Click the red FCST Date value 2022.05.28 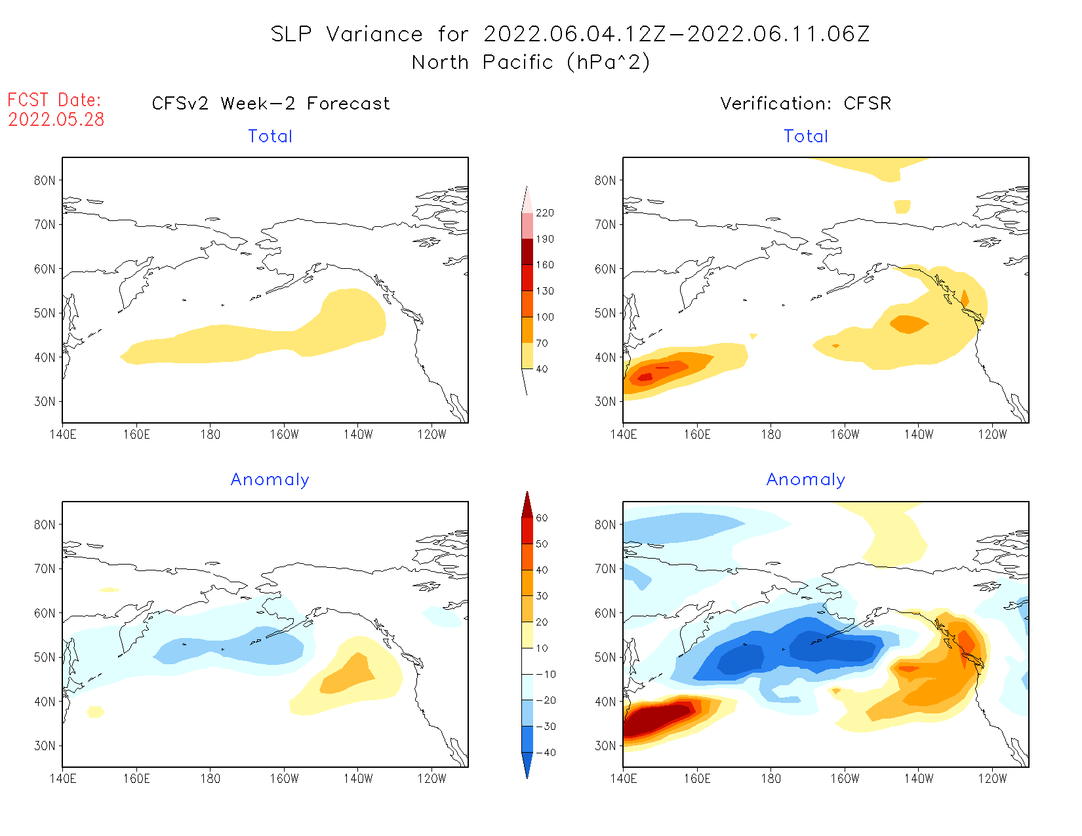click(x=56, y=119)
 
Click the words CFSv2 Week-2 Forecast click(x=270, y=104)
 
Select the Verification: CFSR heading click(x=805, y=104)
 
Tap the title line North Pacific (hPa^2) click(x=531, y=62)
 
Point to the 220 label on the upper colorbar click(x=544, y=213)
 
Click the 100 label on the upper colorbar click(x=544, y=317)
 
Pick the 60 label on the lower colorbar click(x=542, y=518)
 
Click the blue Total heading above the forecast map click(x=270, y=136)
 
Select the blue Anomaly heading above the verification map click(x=805, y=480)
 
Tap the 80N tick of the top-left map click(x=45, y=180)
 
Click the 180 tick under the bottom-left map click(x=210, y=779)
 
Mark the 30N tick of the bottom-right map click(x=605, y=746)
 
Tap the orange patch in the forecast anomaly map click(x=348, y=675)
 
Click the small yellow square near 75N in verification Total click(x=902, y=207)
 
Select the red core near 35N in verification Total click(x=646, y=376)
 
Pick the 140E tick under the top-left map click(x=63, y=435)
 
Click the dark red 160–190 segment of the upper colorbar click(x=527, y=252)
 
